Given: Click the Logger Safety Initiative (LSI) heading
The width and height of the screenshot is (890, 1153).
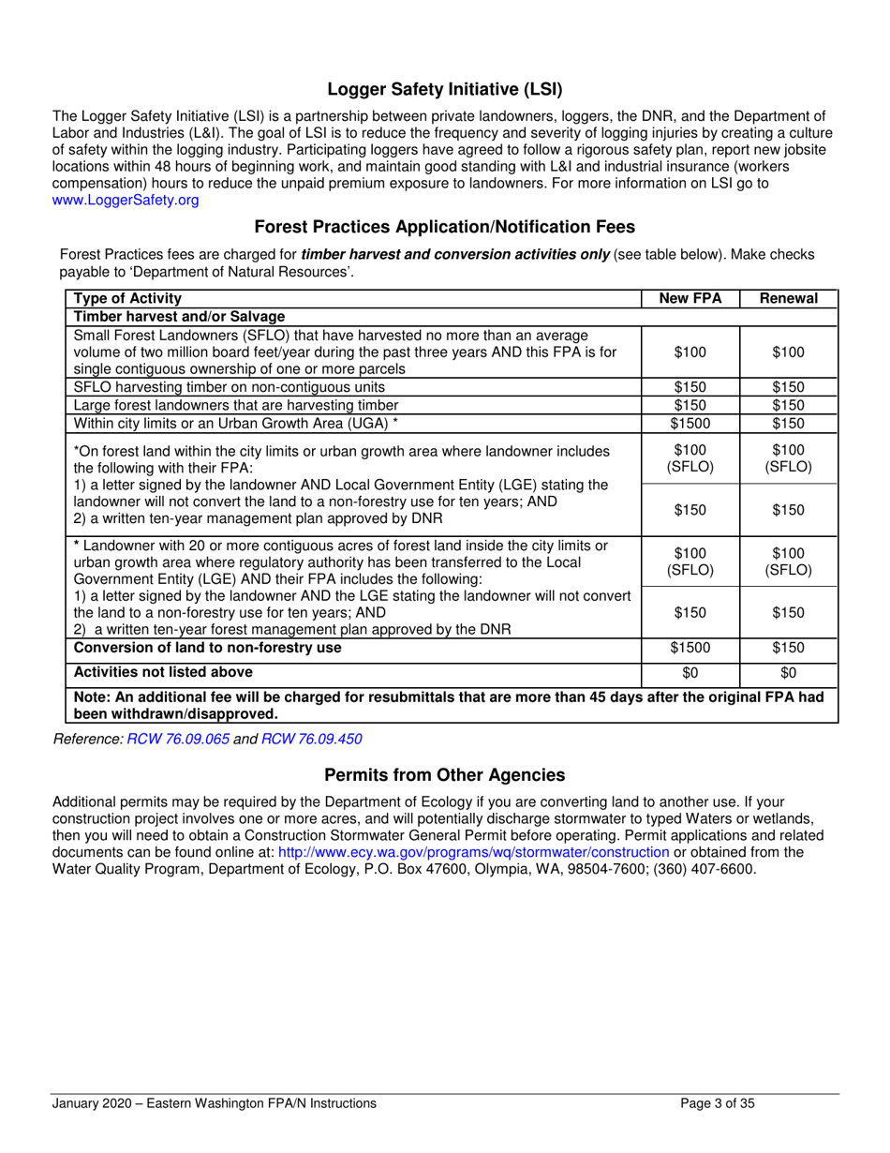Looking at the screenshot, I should click(x=444, y=91).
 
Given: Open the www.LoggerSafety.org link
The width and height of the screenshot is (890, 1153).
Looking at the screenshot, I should click(x=126, y=200).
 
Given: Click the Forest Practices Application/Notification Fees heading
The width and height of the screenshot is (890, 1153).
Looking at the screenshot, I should click(x=444, y=226).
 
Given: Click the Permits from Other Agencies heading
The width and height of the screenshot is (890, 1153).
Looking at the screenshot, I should click(x=444, y=775).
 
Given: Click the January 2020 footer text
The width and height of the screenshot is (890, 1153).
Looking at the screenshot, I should click(x=214, y=1103).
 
